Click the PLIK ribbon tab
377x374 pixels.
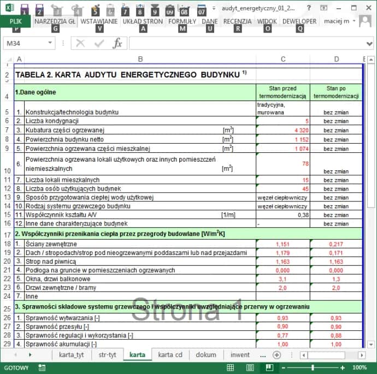[15, 21]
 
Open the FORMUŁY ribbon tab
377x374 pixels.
[182, 21]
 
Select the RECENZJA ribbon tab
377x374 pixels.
[237, 21]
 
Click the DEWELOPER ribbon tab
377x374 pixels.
[299, 21]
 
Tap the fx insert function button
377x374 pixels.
[117, 44]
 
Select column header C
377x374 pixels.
[282, 59]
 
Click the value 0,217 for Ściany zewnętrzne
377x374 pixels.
[336, 244]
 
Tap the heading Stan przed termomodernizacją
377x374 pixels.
[282, 92]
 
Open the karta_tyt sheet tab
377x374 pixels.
[72, 355]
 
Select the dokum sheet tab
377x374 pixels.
[205, 355]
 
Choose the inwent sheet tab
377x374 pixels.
[240, 355]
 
